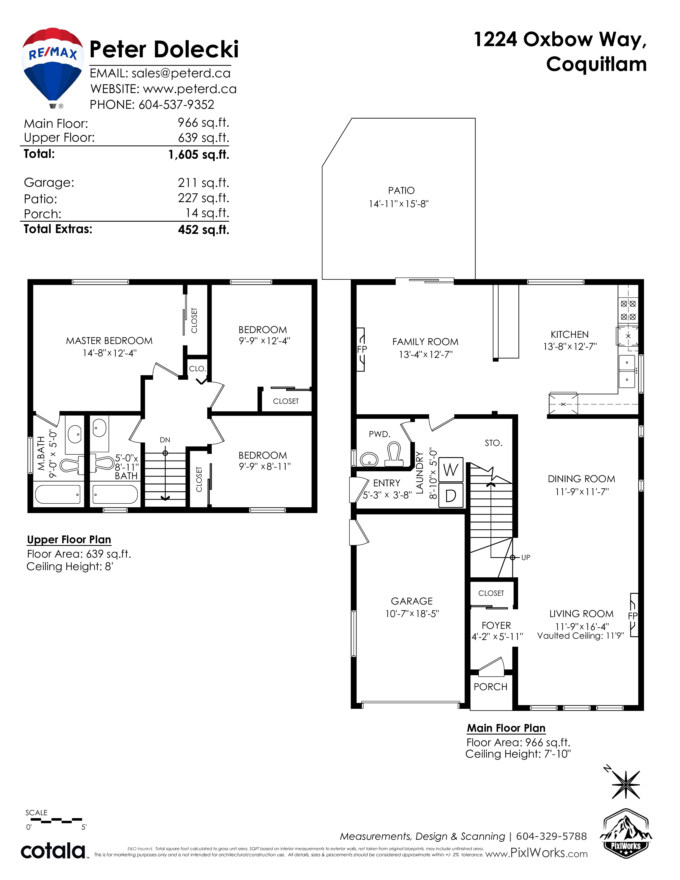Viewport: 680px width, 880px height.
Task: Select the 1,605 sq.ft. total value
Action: pos(199,154)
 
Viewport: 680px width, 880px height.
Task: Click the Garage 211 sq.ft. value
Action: pos(203,183)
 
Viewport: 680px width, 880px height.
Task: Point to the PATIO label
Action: pos(401,191)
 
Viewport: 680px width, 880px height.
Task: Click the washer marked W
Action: pos(451,470)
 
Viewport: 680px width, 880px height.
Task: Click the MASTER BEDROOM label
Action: pos(109,341)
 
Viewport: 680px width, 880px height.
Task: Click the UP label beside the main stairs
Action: pos(526,557)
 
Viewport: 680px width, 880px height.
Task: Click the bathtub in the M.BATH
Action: pos(58,494)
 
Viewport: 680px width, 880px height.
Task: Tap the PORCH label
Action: pos(490,687)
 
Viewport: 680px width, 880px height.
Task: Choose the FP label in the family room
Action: pos(362,349)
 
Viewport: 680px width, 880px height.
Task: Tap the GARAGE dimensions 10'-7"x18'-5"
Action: pos(412,614)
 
